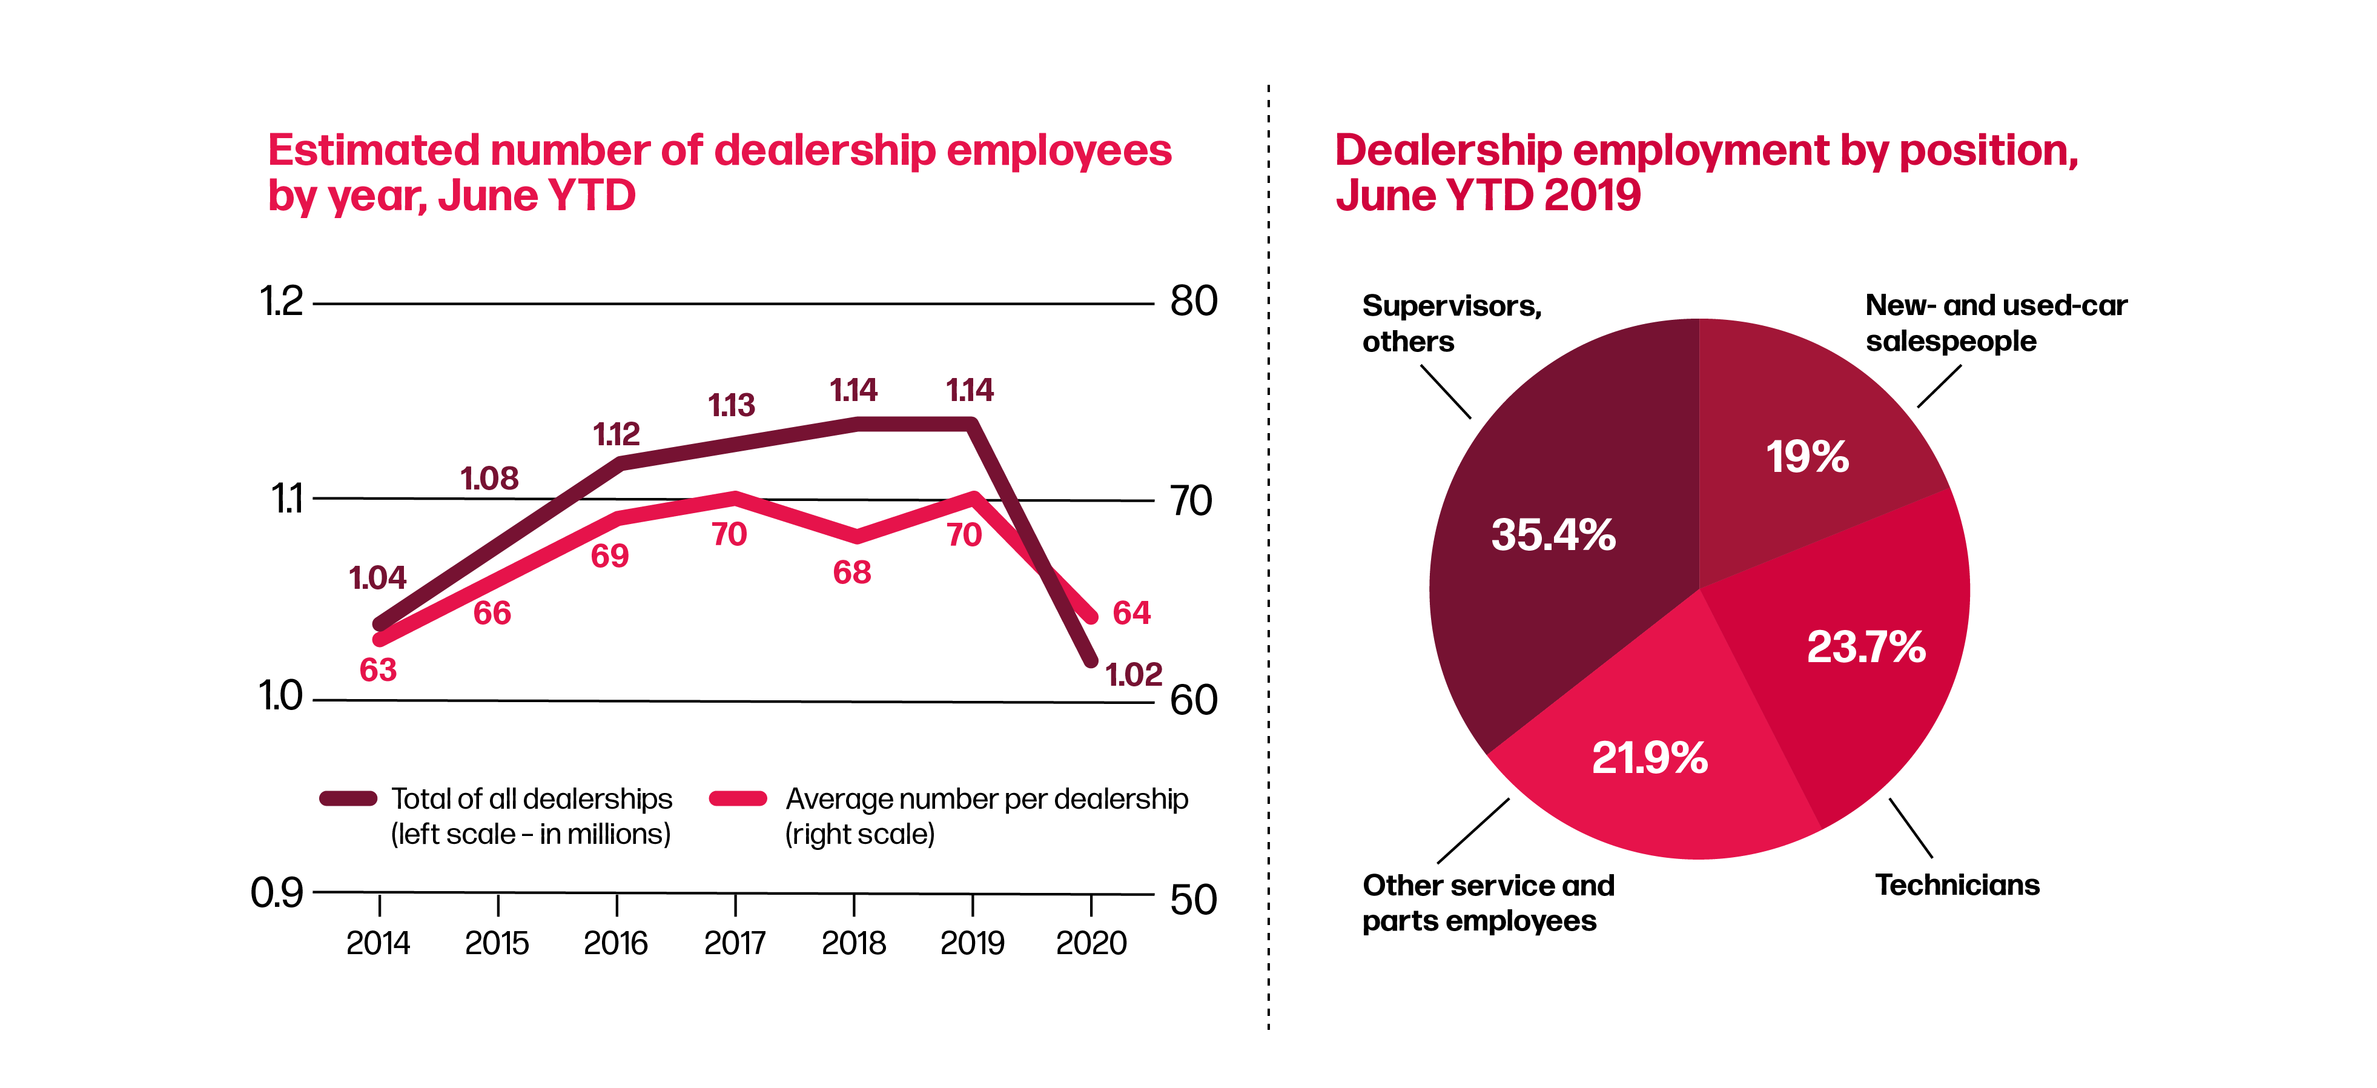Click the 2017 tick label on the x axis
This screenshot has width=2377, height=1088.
[735, 943]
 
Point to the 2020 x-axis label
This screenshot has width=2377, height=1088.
[1091, 943]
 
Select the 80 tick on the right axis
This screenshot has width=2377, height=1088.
[1193, 302]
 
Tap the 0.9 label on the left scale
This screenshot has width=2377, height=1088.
[277, 892]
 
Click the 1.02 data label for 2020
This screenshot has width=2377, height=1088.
[1133, 675]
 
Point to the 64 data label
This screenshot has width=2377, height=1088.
[1131, 612]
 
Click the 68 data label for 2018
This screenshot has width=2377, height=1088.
[851, 572]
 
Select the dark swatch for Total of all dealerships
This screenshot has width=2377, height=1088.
[348, 799]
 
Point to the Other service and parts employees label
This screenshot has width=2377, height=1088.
[1487, 903]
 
